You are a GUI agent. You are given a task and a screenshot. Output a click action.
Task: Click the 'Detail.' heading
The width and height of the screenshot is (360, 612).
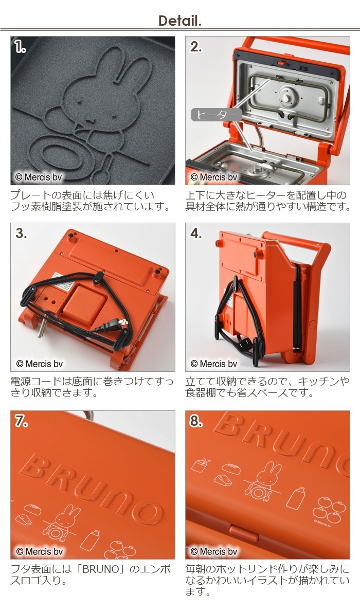pyautogui.click(x=179, y=20)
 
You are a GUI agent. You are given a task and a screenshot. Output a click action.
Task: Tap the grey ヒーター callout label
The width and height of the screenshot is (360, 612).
pyautogui.click(x=217, y=115)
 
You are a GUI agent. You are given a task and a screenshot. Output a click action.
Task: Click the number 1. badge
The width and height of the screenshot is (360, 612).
pyautogui.click(x=20, y=47)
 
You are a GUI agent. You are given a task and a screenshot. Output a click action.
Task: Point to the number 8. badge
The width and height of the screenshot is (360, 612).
pyautogui.click(x=196, y=421)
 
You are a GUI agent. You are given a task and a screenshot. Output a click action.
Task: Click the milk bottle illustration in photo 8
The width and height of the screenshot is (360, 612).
pyautogui.click(x=296, y=497)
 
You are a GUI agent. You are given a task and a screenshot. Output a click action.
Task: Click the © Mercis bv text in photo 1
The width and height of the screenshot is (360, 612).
pyautogui.click(x=38, y=177)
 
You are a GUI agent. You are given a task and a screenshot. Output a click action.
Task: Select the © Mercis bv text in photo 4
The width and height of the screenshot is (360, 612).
pyautogui.click(x=213, y=364)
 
